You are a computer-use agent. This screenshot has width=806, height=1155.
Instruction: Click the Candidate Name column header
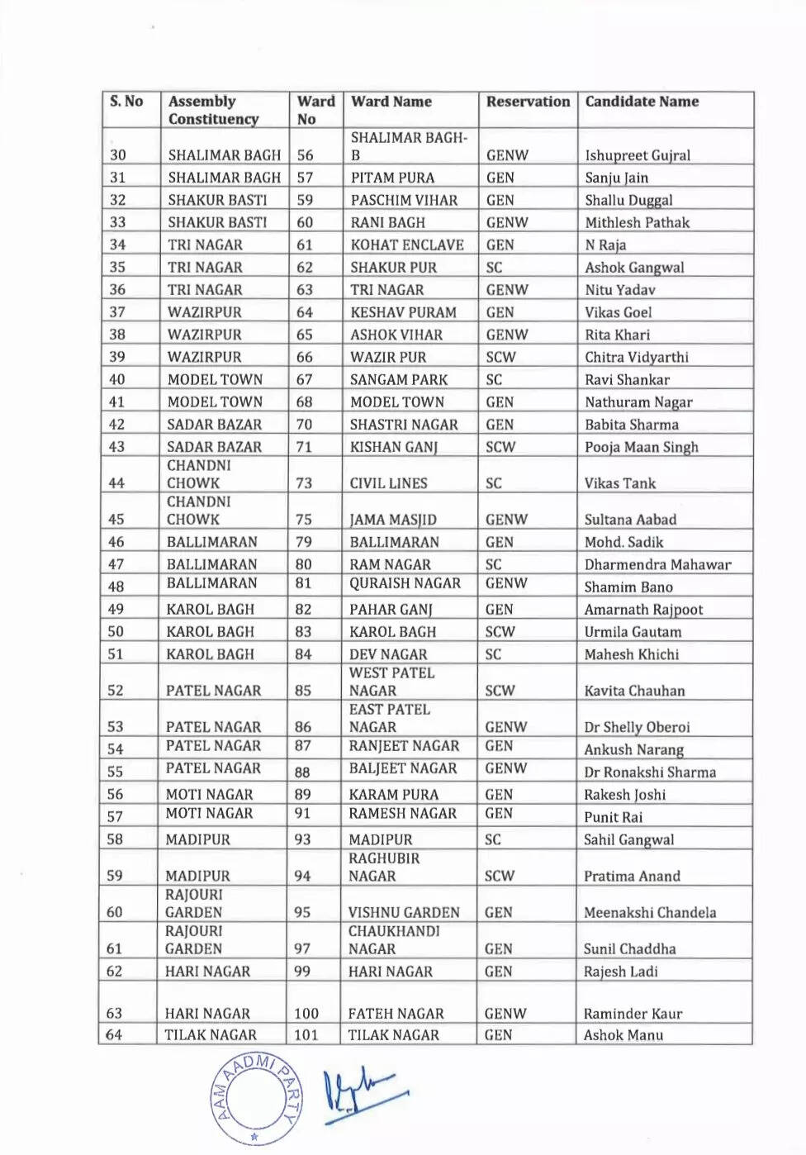pos(642,102)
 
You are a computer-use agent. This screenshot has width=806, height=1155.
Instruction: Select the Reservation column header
pos(528,102)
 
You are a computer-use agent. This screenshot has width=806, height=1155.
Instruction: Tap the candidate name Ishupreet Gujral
pos(638,155)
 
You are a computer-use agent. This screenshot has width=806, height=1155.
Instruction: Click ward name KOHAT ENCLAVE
pos(407,245)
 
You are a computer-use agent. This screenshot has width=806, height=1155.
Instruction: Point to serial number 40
pos(117,379)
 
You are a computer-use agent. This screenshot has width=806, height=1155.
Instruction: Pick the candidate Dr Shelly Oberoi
pos(637,727)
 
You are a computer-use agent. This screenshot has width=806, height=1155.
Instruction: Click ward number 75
pos(304,520)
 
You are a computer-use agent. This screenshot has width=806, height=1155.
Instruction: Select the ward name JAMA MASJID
pos(393,520)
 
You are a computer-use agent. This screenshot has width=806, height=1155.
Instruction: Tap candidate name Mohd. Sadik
pos(623,542)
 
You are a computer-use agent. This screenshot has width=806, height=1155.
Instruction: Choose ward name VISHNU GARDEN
pos(404,912)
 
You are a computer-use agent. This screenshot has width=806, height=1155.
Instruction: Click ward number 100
pos(306,1013)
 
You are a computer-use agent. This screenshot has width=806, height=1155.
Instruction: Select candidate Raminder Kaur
pos(633,1013)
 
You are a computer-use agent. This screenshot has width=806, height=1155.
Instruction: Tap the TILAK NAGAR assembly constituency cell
pos(211,1034)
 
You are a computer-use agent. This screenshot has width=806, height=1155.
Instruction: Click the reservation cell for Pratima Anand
pos(500,876)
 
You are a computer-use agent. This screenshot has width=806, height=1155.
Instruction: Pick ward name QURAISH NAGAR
pos(405,583)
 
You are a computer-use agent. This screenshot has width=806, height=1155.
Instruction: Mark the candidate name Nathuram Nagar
pos(638,402)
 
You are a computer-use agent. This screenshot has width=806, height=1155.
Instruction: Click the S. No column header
pos(126,102)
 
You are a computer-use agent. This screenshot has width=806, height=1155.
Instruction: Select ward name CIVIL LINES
pos(388,483)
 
